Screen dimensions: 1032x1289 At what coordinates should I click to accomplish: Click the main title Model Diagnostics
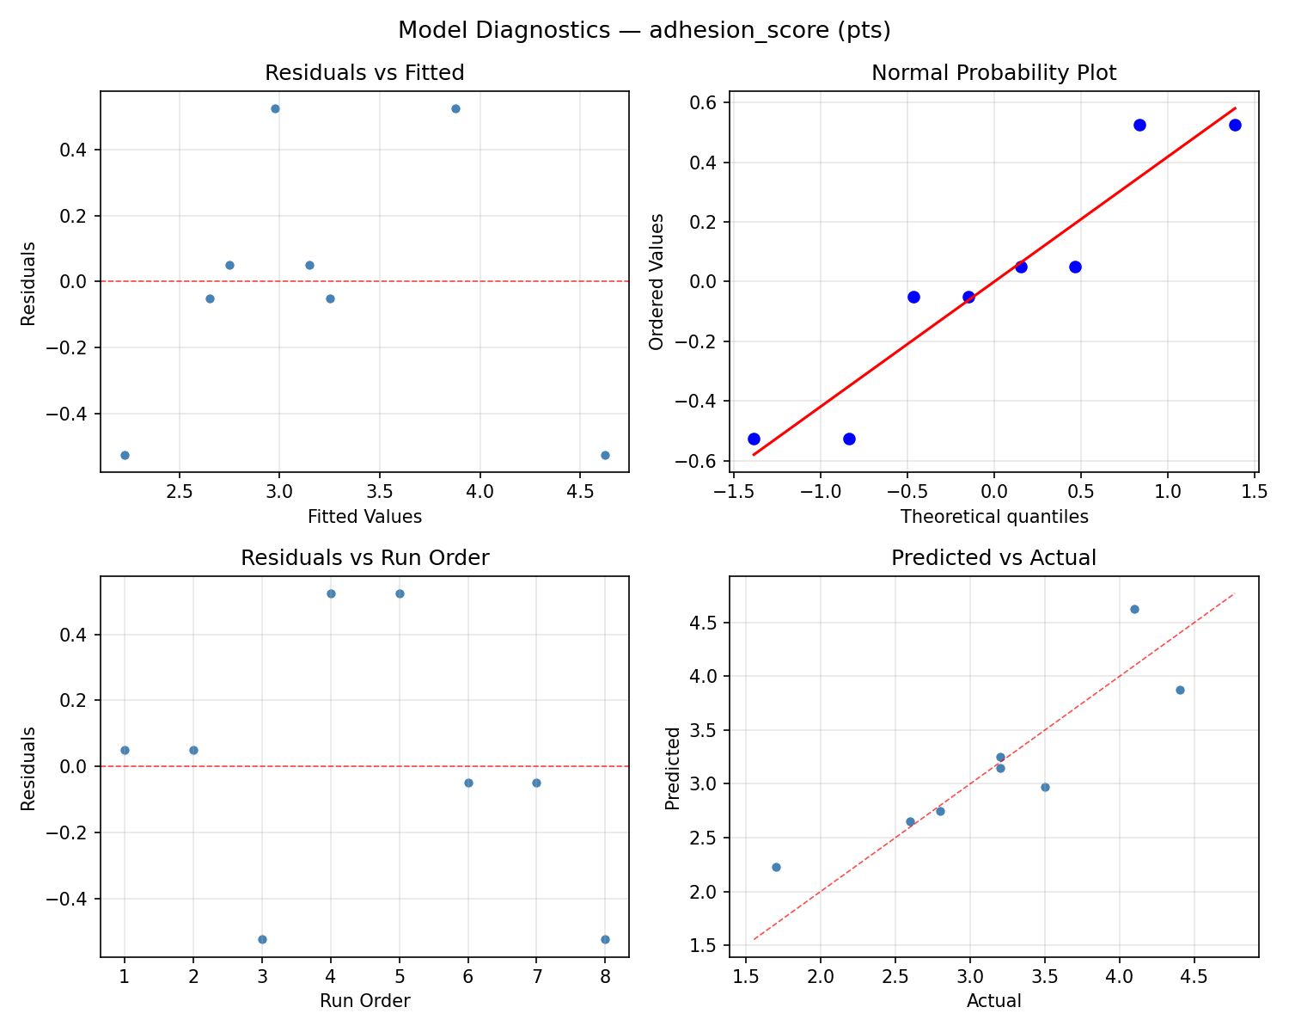pyautogui.click(x=644, y=30)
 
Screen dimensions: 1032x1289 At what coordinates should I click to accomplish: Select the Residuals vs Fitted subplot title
pyautogui.click(x=364, y=73)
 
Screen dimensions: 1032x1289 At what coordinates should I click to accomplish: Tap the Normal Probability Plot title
pyautogui.click(x=993, y=73)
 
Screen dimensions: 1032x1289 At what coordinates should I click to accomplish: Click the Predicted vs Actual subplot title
pyautogui.click(x=993, y=558)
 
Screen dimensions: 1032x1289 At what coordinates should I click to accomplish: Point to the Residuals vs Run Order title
pyautogui.click(x=364, y=558)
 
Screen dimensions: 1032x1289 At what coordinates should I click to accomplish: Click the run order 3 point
pyautogui.click(x=262, y=939)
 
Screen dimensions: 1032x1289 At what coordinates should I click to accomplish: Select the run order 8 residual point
pyautogui.click(x=605, y=939)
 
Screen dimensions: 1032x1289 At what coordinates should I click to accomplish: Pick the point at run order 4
pyautogui.click(x=331, y=593)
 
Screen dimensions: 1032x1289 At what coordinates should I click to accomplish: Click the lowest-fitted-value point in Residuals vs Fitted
pyautogui.click(x=125, y=455)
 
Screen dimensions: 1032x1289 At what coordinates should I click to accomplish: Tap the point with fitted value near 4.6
pyautogui.click(x=605, y=455)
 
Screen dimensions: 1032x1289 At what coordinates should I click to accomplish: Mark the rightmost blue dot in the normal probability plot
pyautogui.click(x=1235, y=125)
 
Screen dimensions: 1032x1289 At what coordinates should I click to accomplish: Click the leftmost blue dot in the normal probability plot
pyautogui.click(x=754, y=439)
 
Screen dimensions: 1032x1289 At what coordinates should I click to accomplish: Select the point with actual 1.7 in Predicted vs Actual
pyautogui.click(x=776, y=867)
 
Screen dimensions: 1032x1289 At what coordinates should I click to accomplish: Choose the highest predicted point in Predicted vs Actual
pyautogui.click(x=1134, y=609)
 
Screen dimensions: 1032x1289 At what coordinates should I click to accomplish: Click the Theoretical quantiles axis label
pyautogui.click(x=993, y=517)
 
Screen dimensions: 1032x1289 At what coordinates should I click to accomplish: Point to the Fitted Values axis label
pyautogui.click(x=364, y=517)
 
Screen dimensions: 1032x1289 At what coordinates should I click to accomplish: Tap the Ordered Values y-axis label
pyautogui.click(x=657, y=282)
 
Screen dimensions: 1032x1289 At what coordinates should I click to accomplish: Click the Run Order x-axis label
pyautogui.click(x=364, y=1001)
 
